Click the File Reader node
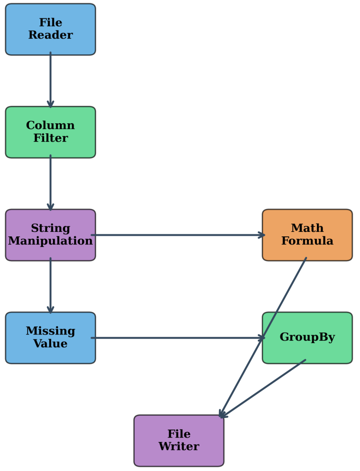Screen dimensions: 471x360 pyautogui.click(x=50, y=29)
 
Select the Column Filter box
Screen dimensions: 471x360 pyautogui.click(x=50, y=132)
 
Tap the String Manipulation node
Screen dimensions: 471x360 pyautogui.click(x=50, y=235)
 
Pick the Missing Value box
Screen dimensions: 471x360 pyautogui.click(x=50, y=338)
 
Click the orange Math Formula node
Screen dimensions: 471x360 pyautogui.click(x=307, y=235)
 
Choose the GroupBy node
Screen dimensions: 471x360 pyautogui.click(x=307, y=338)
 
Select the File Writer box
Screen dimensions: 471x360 pyautogui.click(x=179, y=440)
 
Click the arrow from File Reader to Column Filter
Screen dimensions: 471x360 pyautogui.click(x=51, y=80)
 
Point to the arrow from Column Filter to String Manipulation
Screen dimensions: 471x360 pyautogui.click(x=51, y=183)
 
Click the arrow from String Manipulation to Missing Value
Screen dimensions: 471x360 pyautogui.click(x=51, y=286)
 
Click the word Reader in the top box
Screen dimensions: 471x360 pyautogui.click(x=51, y=35)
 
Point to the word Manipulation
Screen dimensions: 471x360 pyautogui.click(x=51, y=241)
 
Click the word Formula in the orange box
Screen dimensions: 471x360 pyautogui.click(x=307, y=241)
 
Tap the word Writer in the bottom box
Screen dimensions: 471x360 pyautogui.click(x=179, y=447)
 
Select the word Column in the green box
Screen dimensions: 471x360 pyautogui.click(x=50, y=126)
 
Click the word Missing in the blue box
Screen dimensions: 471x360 pyautogui.click(x=50, y=331)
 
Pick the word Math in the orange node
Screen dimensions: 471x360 pyautogui.click(x=307, y=228)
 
